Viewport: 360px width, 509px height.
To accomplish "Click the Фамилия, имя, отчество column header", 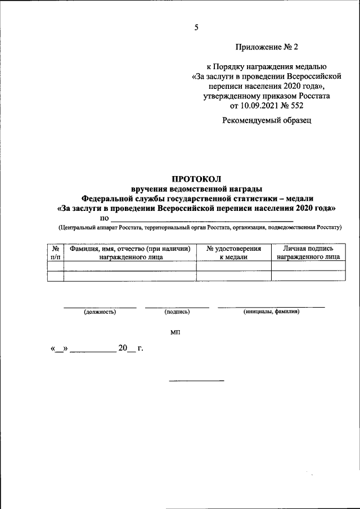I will pyautogui.click(x=130, y=253).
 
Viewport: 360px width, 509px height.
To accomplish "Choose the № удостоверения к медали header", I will pyautogui.click(x=233, y=253).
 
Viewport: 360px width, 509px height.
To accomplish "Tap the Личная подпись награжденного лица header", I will pyautogui.click(x=308, y=253).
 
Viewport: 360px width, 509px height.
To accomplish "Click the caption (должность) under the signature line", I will pyautogui.click(x=100, y=311).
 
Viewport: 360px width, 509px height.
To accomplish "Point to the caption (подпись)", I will pyautogui.click(x=177, y=311).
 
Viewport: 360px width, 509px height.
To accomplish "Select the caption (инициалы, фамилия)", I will pyautogui.click(x=271, y=311).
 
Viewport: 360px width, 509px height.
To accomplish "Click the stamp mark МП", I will pyautogui.click(x=175, y=333).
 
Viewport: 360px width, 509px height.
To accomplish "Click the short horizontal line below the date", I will pyautogui.click(x=196, y=381).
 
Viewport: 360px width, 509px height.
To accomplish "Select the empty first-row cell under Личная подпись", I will pyautogui.click(x=308, y=267).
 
